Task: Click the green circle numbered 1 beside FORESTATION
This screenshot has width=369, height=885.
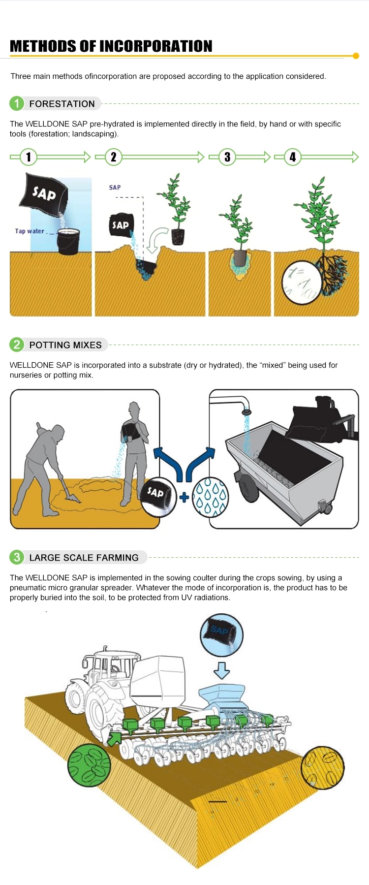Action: click(x=17, y=103)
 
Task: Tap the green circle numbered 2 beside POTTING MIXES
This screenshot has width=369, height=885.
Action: click(x=17, y=345)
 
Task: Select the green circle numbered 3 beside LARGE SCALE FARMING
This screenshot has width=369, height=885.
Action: click(x=17, y=557)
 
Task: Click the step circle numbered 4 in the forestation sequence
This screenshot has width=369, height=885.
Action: click(x=293, y=157)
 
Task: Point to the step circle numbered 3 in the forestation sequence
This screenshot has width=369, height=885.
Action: click(x=227, y=157)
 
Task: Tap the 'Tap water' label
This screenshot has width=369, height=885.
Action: click(x=30, y=231)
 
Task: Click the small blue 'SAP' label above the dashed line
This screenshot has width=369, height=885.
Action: click(x=115, y=188)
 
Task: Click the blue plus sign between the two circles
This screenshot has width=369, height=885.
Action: click(x=184, y=497)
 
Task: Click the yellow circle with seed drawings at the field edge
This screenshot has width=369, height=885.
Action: click(x=323, y=767)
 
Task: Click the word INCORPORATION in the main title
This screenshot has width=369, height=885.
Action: click(x=156, y=46)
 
